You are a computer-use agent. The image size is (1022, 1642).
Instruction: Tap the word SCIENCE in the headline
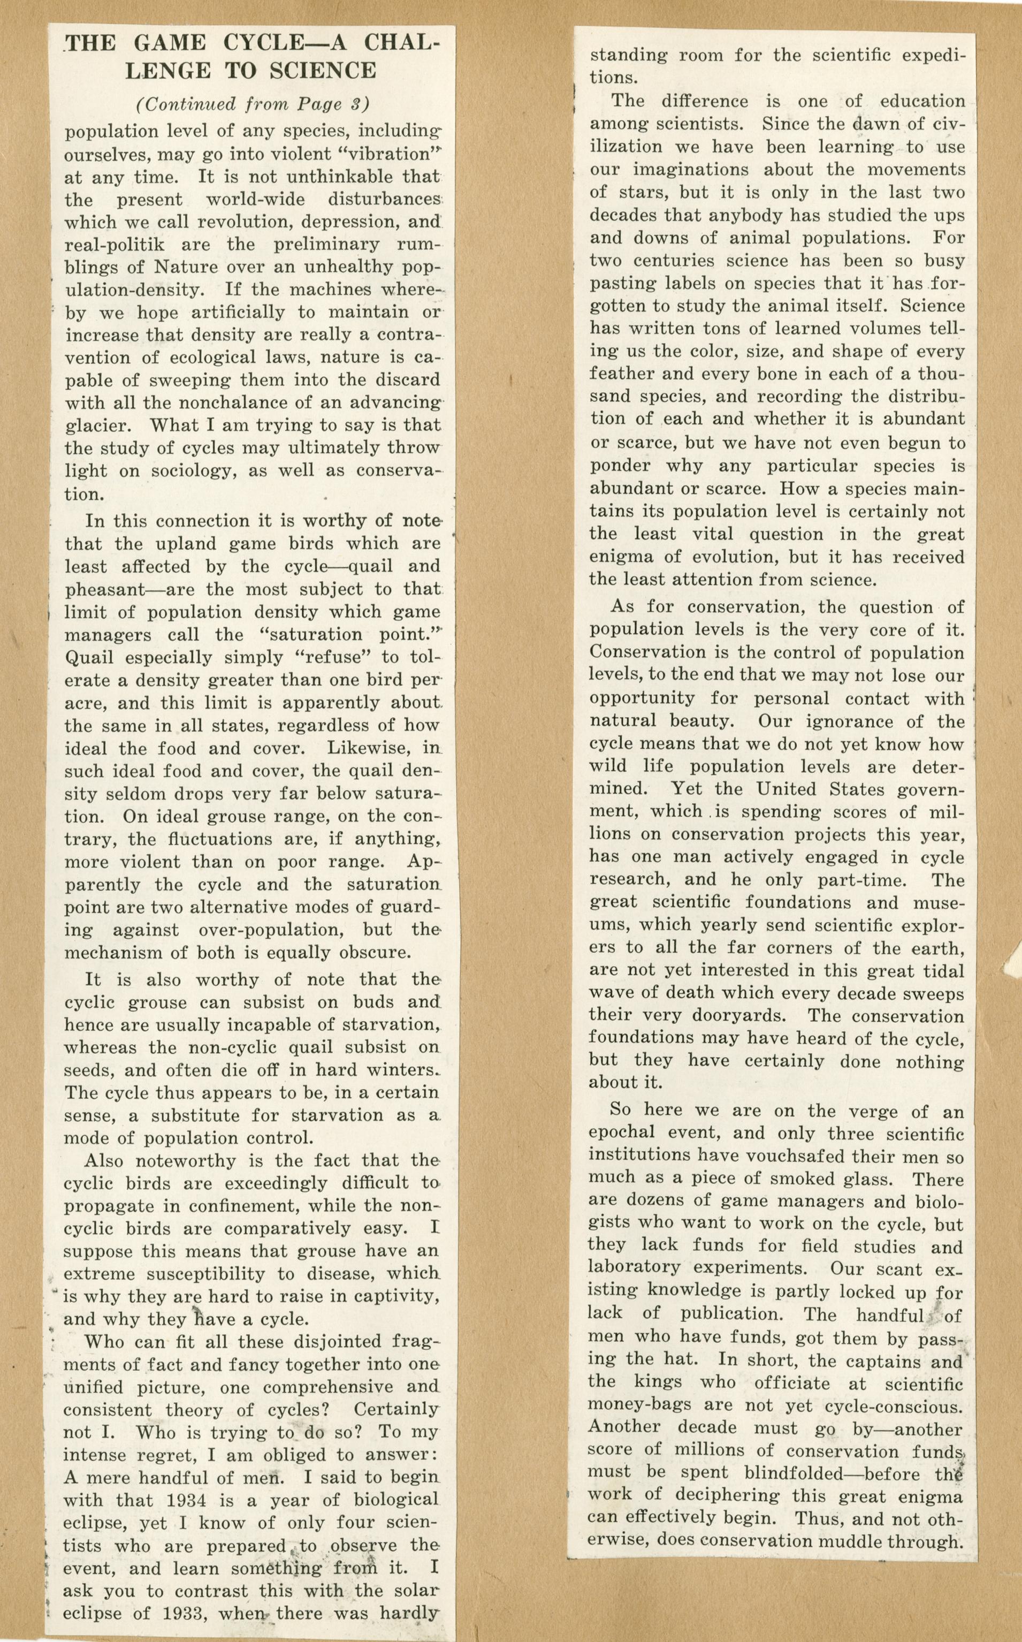[x=322, y=70]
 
